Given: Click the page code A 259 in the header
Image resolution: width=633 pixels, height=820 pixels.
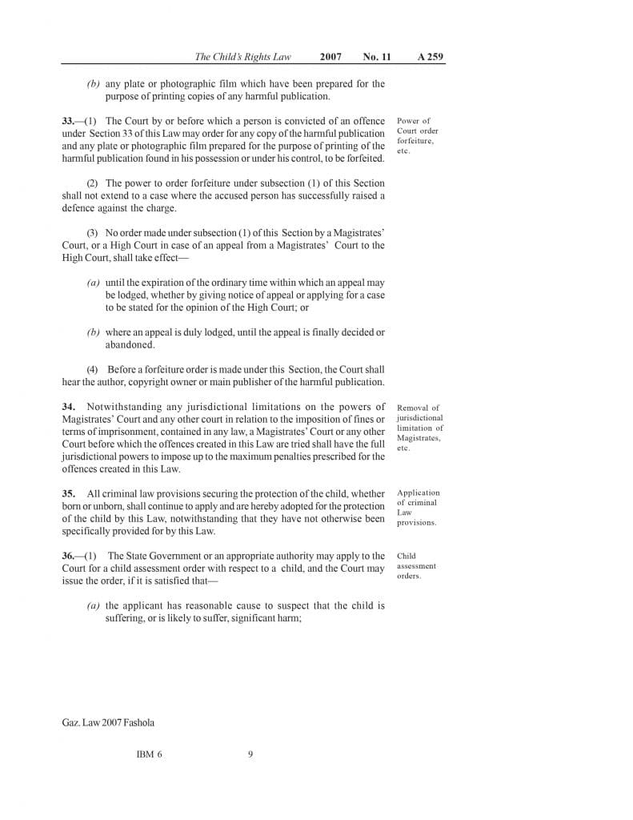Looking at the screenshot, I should (x=431, y=57).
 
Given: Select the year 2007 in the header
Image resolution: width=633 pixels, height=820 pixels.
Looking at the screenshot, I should (x=331, y=57).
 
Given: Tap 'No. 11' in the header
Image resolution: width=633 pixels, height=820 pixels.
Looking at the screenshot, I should (x=376, y=57).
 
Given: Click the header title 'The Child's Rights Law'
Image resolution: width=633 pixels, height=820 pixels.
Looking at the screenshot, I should (x=243, y=57).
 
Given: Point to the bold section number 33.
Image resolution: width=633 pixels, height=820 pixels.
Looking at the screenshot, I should (x=68, y=121).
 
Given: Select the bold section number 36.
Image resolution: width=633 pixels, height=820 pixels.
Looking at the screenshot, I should (x=68, y=556).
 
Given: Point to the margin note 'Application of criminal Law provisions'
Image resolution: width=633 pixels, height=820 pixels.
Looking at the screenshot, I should (x=418, y=508).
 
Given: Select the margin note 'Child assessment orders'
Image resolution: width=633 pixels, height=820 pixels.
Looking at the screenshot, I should (x=416, y=565).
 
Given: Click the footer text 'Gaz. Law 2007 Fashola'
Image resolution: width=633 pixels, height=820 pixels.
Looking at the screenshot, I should (x=108, y=722).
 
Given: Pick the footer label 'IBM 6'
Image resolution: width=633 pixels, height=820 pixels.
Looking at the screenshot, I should (x=150, y=754).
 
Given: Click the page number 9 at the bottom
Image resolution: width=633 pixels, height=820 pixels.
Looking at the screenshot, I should (x=250, y=754).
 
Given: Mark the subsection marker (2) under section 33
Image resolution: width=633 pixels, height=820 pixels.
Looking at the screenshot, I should (x=92, y=183).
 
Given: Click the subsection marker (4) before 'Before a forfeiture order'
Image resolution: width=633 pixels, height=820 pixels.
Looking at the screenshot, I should (x=92, y=370).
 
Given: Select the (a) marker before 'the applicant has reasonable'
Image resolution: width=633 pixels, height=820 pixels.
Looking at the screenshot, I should (x=94, y=606).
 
